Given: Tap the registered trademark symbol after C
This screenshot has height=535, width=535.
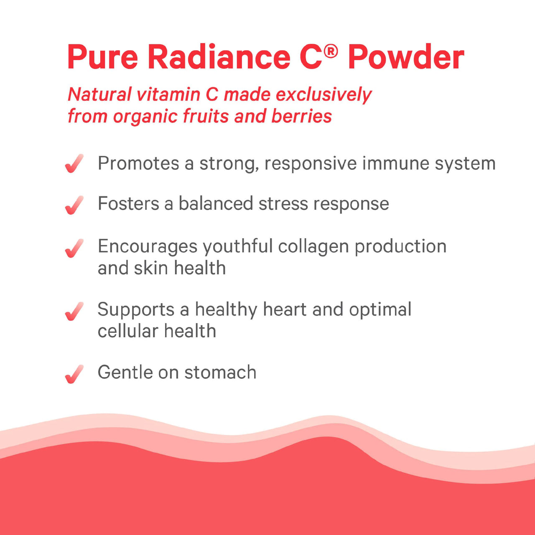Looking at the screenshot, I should (x=331, y=51).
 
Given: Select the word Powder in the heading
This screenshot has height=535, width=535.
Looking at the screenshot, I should (x=406, y=57).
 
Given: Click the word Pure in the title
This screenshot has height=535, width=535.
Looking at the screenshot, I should (x=102, y=57).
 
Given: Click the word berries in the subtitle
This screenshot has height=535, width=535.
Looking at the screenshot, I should (x=301, y=116).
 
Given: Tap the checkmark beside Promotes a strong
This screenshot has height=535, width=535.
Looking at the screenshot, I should (x=74, y=163).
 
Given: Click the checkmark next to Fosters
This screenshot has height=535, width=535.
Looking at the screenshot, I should (x=74, y=205).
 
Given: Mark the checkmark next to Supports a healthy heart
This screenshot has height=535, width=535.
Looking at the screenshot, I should (x=74, y=311).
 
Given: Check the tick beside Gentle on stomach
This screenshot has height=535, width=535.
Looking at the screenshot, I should (x=74, y=374).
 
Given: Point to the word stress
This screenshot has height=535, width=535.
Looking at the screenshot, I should (x=283, y=204).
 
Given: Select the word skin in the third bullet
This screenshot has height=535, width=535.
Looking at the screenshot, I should (x=151, y=268).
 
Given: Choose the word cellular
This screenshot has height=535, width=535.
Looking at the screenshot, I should (x=127, y=331).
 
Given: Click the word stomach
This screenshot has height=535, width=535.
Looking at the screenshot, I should (x=220, y=372).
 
